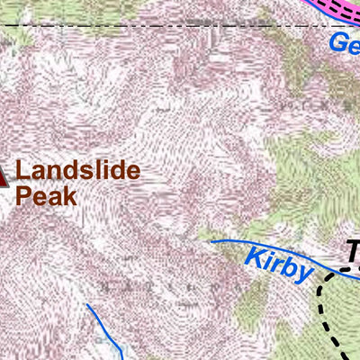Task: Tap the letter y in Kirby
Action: point(303,274)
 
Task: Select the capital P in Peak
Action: point(24,196)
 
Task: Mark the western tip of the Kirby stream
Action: point(211,241)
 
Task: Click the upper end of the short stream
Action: point(87,305)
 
